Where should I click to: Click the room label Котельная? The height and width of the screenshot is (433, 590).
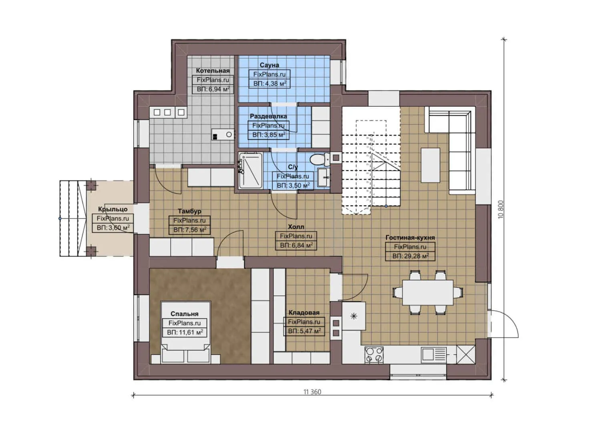[213, 71]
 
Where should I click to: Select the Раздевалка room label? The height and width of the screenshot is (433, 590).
[268, 116]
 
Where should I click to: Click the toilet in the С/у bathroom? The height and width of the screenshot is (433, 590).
[319, 159]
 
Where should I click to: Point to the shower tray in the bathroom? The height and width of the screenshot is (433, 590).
[250, 170]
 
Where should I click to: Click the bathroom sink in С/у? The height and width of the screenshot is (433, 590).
[323, 177]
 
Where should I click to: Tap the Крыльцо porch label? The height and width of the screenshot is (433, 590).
[113, 209]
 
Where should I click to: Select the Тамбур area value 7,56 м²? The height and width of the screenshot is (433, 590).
[189, 230]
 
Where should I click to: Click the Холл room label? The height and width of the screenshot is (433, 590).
[296, 227]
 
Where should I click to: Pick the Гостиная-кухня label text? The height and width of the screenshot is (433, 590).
[410, 237]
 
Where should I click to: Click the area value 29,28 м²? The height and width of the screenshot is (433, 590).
[410, 256]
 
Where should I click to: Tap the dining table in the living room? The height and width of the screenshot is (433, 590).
[427, 292]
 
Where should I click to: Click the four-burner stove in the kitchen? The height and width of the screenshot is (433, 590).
[374, 355]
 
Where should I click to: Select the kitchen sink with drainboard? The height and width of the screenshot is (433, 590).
[433, 354]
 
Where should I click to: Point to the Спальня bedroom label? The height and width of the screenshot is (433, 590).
[184, 314]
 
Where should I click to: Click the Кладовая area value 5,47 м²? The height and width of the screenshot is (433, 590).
[304, 331]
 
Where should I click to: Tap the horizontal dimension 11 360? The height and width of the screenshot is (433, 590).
[312, 392]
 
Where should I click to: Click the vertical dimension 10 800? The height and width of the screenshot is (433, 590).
[501, 209]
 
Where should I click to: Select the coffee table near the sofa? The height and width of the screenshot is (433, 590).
[430, 165]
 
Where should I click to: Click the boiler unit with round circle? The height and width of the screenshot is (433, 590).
[223, 135]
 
